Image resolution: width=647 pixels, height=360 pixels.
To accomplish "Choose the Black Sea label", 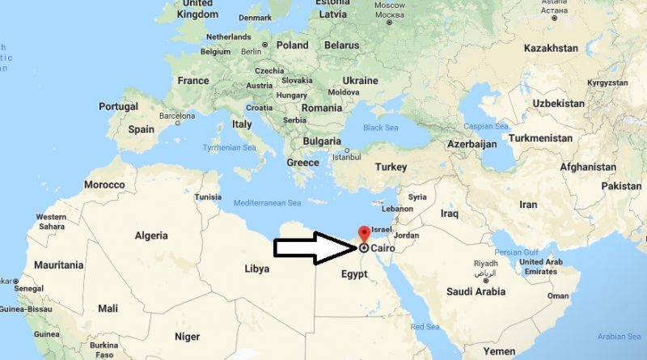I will pos(381,127).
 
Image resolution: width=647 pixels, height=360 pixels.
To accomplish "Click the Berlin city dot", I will pos(265,44).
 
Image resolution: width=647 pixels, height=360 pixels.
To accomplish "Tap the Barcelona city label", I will pos(177,116).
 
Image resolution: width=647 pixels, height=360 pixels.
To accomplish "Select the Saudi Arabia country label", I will pos(476,291).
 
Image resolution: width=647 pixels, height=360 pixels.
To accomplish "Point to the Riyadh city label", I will pos(485,263).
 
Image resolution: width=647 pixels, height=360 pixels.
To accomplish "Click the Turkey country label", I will pos(390,167).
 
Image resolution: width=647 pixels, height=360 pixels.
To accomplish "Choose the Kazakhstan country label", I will pos(551,49).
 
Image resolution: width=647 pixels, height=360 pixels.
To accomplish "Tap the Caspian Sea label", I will pos(486,126).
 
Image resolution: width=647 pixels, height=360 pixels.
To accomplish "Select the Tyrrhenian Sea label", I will pos(229,146).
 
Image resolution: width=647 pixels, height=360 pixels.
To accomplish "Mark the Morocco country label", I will pos(104,184).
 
